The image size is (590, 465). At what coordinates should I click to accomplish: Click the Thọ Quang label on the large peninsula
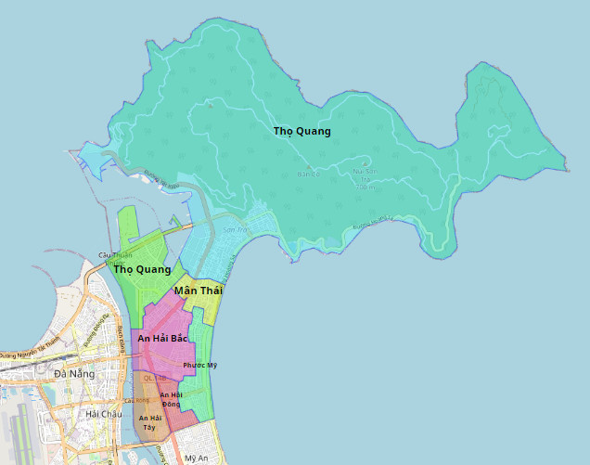[x=301, y=131]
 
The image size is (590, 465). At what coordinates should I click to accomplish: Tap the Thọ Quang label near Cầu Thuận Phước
[x=142, y=269]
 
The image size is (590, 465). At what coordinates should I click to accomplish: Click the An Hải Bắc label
[x=162, y=339]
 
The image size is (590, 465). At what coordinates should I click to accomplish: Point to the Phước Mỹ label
[x=199, y=365]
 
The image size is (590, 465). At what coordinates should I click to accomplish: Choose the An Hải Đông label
[x=172, y=399]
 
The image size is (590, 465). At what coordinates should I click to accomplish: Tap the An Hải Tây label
[x=148, y=422]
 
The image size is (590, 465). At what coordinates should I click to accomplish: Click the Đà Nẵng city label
[x=74, y=373]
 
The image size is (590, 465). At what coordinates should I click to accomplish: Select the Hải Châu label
[x=102, y=414]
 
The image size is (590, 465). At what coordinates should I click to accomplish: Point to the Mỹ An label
[x=196, y=459]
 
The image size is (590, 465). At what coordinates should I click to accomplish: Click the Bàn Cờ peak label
[x=308, y=174]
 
